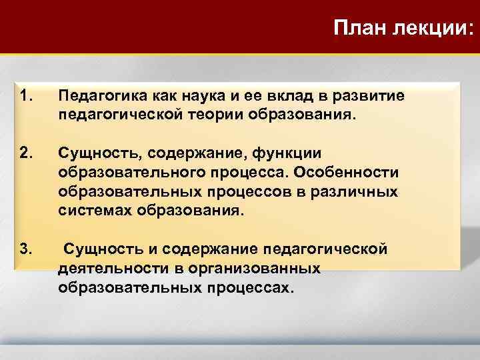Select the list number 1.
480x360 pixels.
pyautogui.click(x=26, y=97)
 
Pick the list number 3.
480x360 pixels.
pyautogui.click(x=26, y=250)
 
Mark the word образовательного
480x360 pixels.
pyautogui.click(x=122, y=173)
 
